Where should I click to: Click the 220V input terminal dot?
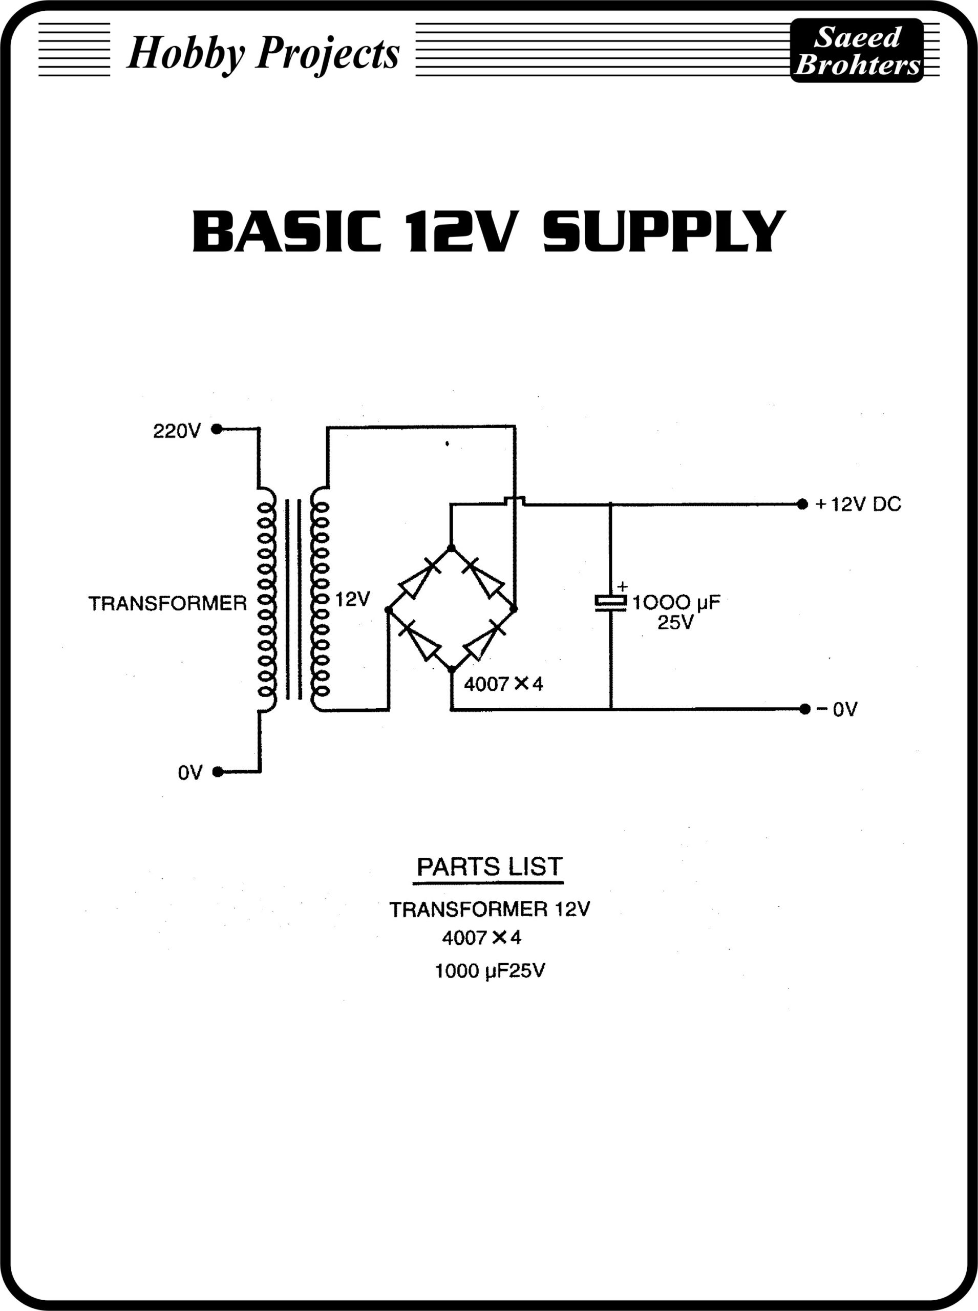coord(217,429)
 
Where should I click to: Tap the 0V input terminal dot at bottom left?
coord(218,772)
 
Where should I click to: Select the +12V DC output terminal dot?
coord(802,504)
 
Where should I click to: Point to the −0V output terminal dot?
coord(804,709)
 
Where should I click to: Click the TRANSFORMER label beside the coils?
coord(167,603)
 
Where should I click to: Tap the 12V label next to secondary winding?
coord(353,599)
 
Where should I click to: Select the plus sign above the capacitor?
coord(622,586)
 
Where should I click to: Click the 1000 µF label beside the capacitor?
coord(676,603)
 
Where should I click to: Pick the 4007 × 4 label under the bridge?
coord(503,685)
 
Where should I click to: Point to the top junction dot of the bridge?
coord(451,548)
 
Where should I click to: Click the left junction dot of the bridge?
coord(388,609)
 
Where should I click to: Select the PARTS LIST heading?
coord(489,867)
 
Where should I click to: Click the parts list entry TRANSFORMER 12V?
coord(490,910)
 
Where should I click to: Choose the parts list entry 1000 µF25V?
coord(490,971)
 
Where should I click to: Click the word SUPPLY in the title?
coord(664,231)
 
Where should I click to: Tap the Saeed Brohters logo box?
coord(856,50)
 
